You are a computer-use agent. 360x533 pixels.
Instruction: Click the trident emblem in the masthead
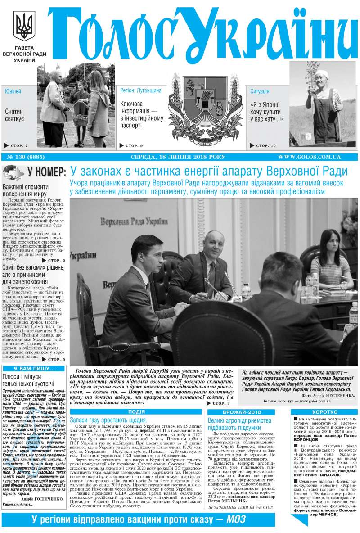pyautogui.click(x=24, y=27)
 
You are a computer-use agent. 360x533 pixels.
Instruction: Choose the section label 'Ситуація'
pyautogui.click(x=260, y=91)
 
